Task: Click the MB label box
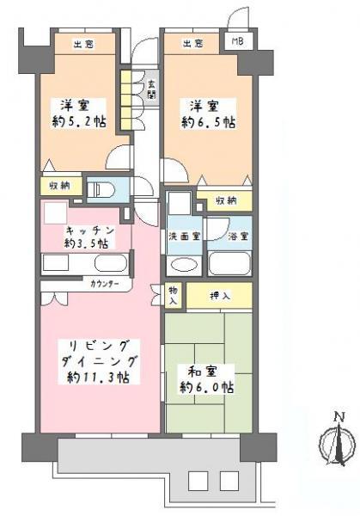(x=235, y=40)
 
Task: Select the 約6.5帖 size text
(x=207, y=122)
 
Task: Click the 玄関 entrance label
(x=151, y=89)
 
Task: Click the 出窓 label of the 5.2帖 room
(x=82, y=43)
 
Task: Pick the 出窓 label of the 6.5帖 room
(x=193, y=43)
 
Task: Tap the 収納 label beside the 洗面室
(x=227, y=200)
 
